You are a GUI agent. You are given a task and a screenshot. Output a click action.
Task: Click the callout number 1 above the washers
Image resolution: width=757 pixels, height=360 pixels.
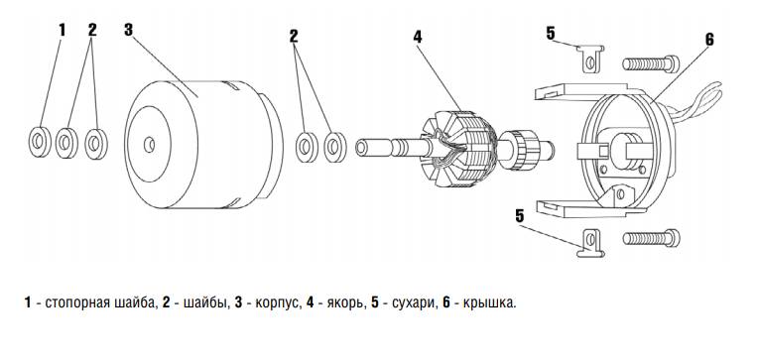coord(62,30)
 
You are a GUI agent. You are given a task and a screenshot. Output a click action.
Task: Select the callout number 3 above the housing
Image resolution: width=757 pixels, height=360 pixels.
coord(128,30)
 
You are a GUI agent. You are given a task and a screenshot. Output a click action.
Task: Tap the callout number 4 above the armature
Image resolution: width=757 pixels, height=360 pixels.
coord(418,37)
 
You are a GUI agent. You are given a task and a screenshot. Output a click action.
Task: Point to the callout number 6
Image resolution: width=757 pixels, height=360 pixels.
coord(709,40)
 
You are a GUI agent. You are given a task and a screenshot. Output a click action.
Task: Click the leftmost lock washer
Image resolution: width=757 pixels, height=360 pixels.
coord(40,142)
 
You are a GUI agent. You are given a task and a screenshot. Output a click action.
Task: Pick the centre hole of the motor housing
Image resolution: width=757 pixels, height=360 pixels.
coord(149,144)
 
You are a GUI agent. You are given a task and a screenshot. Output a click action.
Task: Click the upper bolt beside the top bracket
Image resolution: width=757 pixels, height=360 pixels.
coord(651,63)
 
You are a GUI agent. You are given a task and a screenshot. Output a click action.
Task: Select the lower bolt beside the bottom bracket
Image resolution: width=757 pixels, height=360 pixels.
coord(651,238)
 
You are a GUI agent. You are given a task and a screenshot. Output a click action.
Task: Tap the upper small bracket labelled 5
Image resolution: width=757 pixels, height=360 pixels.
coord(590,59)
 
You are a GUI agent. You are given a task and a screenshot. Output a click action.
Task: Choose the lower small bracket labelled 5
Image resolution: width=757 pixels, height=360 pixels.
coord(591,243)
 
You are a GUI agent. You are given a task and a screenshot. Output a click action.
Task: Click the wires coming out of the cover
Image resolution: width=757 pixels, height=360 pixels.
coord(697,103)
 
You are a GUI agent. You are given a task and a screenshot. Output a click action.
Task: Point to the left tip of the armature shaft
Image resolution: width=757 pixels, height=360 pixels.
coord(357,147)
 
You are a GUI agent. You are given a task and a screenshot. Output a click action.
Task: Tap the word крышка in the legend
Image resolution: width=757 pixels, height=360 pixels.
coord(488,303)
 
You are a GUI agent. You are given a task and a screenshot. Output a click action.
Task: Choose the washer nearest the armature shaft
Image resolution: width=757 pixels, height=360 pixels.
coord(335,146)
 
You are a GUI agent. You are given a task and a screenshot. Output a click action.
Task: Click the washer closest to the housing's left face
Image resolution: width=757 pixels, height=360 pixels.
coord(96,144)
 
